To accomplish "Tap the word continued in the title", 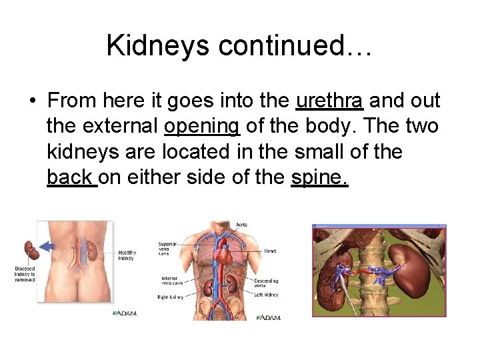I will pyautogui.click(x=289, y=45).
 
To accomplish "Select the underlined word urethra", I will pyautogui.click(x=329, y=101).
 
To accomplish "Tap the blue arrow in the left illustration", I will pyautogui.click(x=48, y=246).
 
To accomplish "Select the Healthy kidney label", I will pyautogui.click(x=127, y=255).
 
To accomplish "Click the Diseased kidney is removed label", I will pyautogui.click(x=25, y=274).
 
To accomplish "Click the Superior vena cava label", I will pyautogui.click(x=167, y=247).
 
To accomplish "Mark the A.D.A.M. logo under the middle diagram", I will pyautogui.click(x=267, y=317).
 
